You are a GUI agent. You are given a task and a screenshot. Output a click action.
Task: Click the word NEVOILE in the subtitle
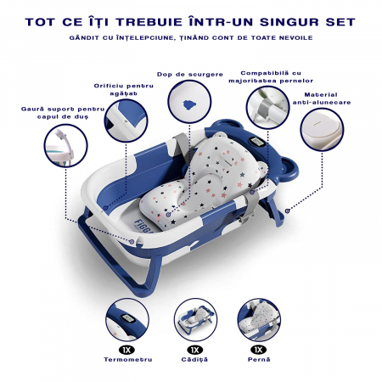[293, 39]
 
